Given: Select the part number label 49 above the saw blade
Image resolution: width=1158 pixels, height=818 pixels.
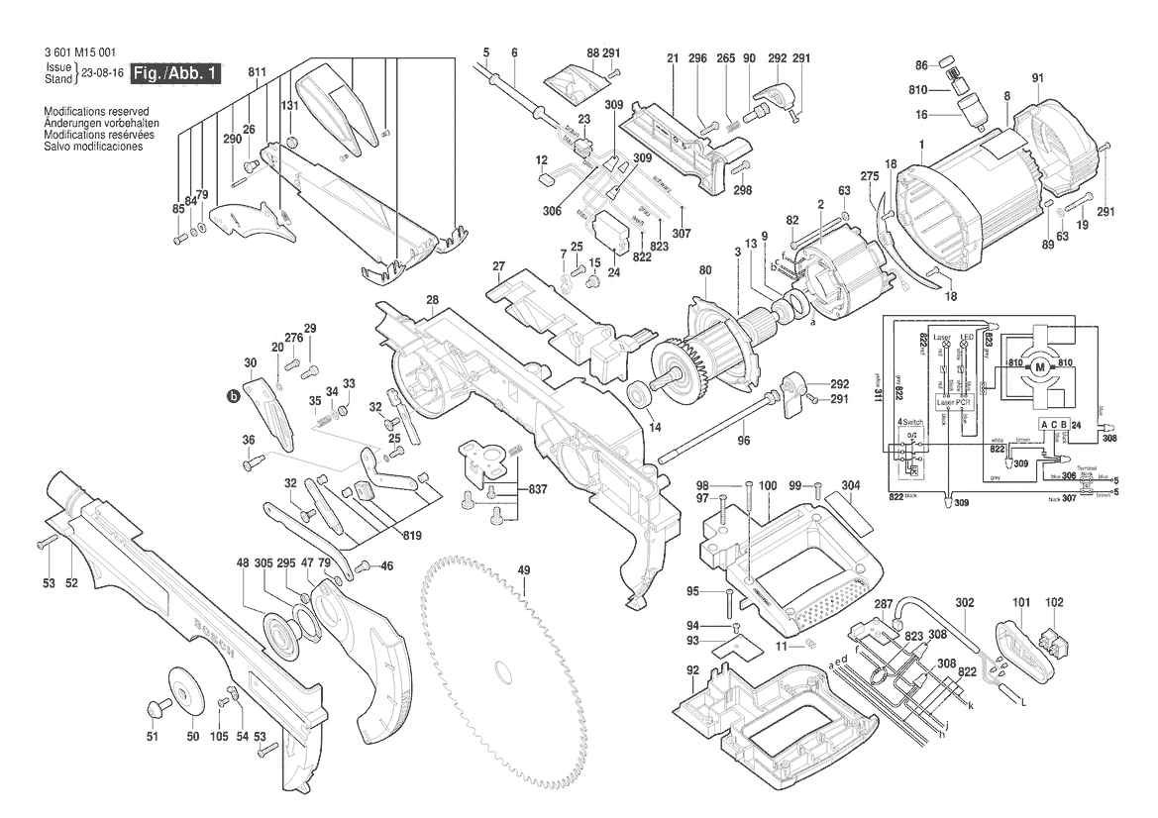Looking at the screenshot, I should point(525,570).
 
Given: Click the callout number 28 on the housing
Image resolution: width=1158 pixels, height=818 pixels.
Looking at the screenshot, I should point(433,300).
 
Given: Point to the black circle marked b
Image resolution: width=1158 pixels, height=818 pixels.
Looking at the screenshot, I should point(235,395).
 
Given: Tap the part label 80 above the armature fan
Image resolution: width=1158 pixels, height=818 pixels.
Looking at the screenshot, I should point(705,270).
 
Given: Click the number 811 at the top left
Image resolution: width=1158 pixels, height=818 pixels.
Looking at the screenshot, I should point(259,72).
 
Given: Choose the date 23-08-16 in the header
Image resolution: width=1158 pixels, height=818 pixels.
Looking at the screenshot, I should point(104,72).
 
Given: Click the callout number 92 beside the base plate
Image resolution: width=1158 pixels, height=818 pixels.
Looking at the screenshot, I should point(690,670).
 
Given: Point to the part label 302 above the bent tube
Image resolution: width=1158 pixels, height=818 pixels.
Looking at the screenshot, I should point(965,601).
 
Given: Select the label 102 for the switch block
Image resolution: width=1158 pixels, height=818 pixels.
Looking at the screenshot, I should point(1054,601).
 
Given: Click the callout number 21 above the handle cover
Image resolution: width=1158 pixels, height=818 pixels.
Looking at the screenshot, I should point(672,58).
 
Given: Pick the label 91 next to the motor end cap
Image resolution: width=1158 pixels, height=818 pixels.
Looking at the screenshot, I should point(1038,78).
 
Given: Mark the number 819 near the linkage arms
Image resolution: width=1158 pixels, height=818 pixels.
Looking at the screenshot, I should point(411,536).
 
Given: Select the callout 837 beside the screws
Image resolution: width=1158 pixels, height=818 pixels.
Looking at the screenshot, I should point(538,489).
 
